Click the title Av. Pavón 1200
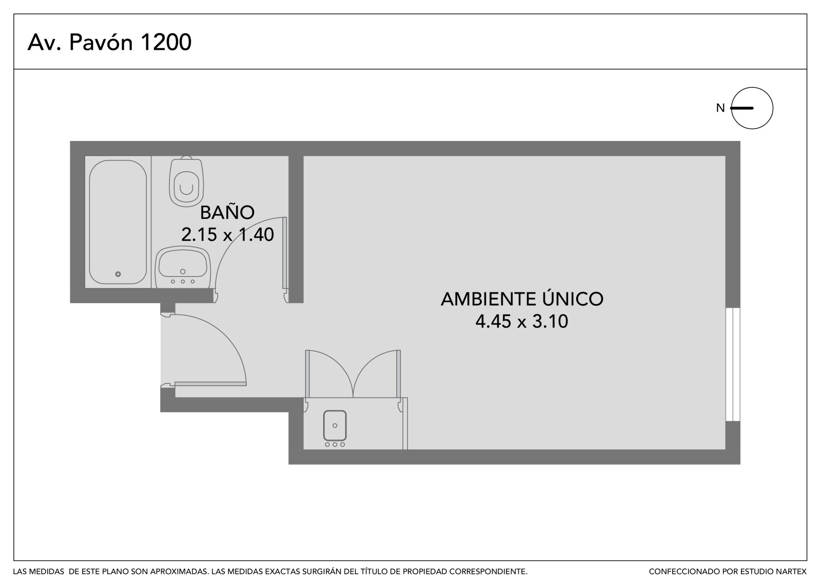click(109, 42)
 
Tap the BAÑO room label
click(227, 212)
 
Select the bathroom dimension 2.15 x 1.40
click(227, 234)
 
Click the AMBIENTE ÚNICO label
click(521, 298)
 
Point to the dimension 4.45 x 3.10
click(521, 322)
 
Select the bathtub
click(118, 222)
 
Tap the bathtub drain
click(118, 274)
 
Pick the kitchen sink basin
click(335, 425)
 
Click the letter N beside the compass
click(720, 108)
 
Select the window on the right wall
click(733, 365)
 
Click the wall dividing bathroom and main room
click(296, 229)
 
